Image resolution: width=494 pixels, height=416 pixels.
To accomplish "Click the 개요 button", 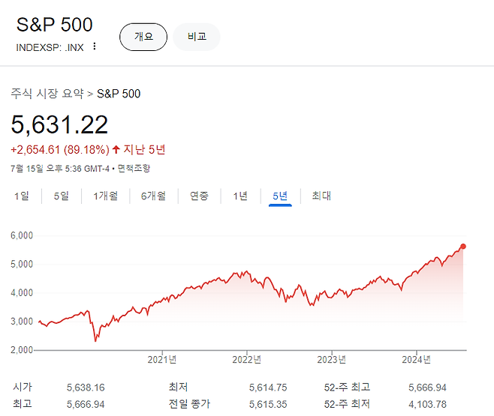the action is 143,37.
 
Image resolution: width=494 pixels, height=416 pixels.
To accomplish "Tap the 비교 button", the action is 197,37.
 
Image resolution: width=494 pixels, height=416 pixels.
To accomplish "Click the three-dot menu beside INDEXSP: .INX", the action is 94,46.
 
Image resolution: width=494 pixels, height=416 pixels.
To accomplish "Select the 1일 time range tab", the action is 22,196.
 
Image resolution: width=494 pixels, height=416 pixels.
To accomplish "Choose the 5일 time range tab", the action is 61,196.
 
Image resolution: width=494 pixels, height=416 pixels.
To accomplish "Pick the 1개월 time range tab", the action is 106,196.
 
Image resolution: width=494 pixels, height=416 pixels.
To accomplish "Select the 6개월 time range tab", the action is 153,196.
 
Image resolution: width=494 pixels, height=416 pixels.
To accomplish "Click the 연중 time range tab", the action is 199,196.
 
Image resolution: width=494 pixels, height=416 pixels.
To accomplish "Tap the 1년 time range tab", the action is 240,196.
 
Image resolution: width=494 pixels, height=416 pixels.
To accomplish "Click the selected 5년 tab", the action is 280,196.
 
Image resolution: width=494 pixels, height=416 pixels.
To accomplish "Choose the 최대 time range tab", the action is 321,196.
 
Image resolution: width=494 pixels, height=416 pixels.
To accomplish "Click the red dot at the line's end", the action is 462,246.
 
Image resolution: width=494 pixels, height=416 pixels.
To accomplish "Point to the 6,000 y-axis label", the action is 22,235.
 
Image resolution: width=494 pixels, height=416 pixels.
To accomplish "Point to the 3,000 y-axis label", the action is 22,322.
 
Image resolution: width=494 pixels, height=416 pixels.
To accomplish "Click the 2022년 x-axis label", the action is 247,359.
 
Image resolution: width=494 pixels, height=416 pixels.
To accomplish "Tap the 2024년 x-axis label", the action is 416,359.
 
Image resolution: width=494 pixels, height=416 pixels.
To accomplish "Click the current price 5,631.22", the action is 59,124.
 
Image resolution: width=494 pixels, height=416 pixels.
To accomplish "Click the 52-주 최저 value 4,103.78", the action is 427,404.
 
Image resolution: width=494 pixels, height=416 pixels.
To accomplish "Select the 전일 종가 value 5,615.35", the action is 268,404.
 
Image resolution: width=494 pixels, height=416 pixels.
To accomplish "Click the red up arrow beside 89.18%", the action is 116,149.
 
